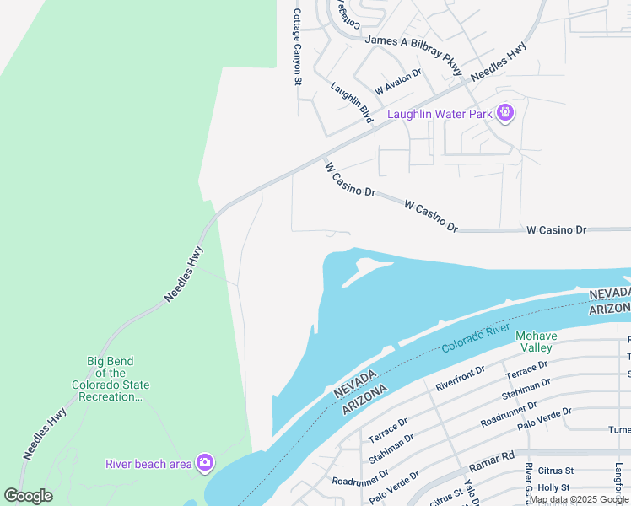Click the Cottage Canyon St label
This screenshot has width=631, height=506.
pyautogui.click(x=297, y=47)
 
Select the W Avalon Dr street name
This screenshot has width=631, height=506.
pyautogui.click(x=398, y=83)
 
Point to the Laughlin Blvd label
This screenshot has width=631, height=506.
pyautogui.click(x=352, y=103)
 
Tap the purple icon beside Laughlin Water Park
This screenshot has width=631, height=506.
pyautogui.click(x=505, y=112)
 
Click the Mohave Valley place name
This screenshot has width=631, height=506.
pyautogui.click(x=535, y=342)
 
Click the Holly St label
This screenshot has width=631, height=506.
pyautogui.click(x=554, y=487)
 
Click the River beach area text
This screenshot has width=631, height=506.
pyautogui.click(x=148, y=463)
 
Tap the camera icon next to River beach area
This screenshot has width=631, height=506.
pyautogui.click(x=204, y=462)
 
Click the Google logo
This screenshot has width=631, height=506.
pyautogui.click(x=28, y=496)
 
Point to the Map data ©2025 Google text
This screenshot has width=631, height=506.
pyautogui.click(x=579, y=500)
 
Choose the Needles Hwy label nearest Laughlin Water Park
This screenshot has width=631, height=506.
pyautogui.click(x=499, y=62)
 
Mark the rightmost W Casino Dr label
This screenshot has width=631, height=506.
pyautogui.click(x=556, y=229)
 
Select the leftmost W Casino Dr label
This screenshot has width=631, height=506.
pyautogui.click(x=349, y=179)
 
